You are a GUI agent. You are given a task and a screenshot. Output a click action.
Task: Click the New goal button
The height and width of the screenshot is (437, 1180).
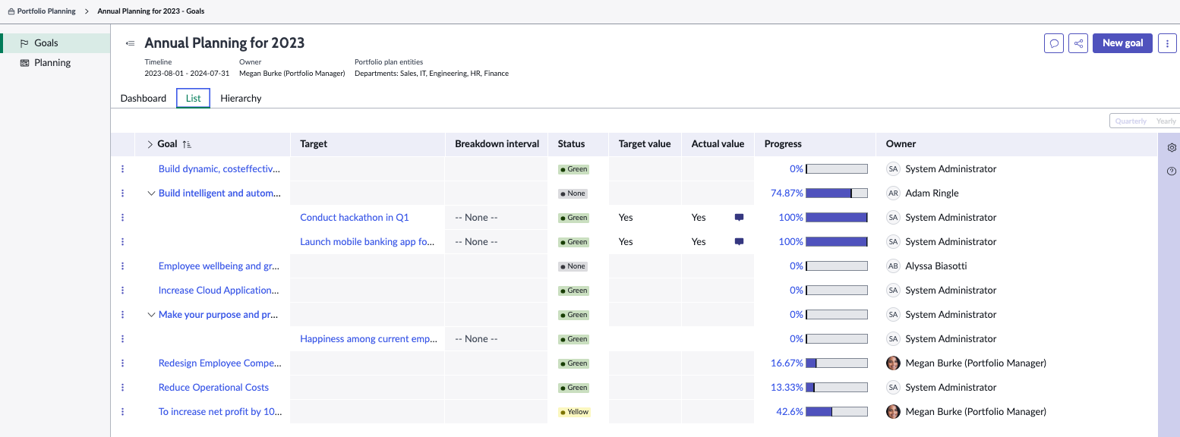[x=1122, y=43]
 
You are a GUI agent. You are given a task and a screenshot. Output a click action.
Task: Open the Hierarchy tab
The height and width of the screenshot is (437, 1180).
[x=241, y=99]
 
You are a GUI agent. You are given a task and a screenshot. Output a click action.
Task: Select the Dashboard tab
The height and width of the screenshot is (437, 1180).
[x=144, y=99]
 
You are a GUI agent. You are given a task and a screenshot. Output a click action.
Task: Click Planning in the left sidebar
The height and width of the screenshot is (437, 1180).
[x=52, y=63]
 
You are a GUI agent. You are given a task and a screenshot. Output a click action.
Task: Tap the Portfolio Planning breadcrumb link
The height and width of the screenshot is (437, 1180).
[x=46, y=11]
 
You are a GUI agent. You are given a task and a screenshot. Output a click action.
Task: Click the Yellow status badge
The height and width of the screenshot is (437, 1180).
[x=574, y=412]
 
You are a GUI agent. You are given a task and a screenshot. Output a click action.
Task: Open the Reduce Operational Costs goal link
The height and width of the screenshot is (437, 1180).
[x=213, y=388]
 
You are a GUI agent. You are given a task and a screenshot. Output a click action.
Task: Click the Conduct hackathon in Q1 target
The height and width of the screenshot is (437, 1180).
[x=354, y=218]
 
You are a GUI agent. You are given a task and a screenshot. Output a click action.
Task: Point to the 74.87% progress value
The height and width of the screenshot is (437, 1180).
[x=787, y=193]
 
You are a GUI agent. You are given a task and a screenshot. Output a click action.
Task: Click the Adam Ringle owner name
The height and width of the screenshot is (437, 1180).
[x=932, y=193]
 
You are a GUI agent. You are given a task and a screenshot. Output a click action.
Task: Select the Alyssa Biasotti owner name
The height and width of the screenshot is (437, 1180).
[x=936, y=266]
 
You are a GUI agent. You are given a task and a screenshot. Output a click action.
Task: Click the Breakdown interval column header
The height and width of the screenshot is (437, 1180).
[x=497, y=143]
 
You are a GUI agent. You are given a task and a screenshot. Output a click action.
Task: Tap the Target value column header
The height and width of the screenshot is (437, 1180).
[x=644, y=143]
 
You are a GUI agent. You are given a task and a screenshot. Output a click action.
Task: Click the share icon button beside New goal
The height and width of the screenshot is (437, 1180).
[x=1077, y=43]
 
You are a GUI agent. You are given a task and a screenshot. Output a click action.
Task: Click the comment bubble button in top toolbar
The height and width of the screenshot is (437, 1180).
[x=1054, y=43]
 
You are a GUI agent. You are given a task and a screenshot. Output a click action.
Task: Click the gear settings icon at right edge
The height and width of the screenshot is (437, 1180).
[x=1172, y=148]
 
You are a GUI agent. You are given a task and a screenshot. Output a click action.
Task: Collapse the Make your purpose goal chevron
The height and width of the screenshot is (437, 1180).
[x=151, y=315]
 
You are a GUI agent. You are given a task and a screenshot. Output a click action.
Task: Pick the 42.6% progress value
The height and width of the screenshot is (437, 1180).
[x=789, y=412]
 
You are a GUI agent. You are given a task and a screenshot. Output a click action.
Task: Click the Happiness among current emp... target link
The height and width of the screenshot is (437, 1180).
[x=368, y=339]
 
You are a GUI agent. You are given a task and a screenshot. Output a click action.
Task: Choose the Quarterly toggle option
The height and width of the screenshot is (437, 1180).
[x=1131, y=121]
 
